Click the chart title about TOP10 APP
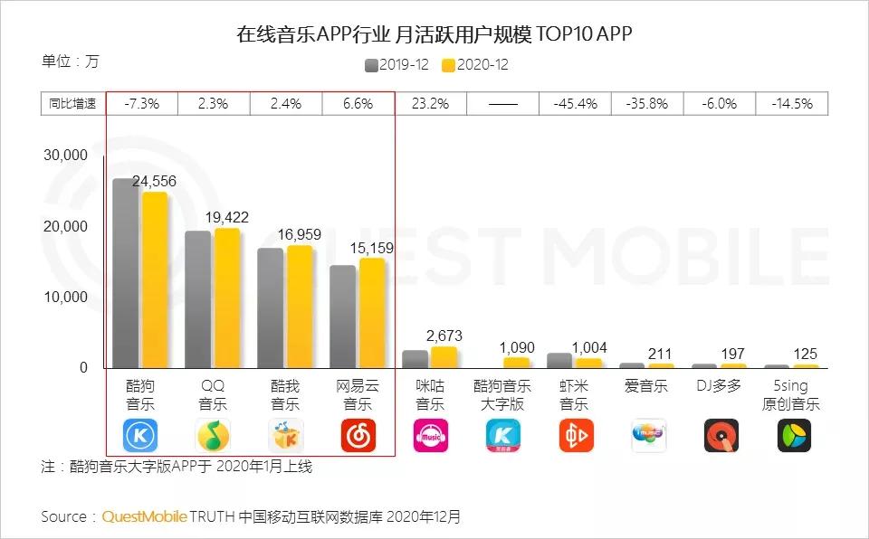(x=434, y=35)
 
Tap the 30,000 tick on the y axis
(x=65, y=156)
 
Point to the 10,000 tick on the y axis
(x=65, y=298)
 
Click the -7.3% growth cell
(x=141, y=104)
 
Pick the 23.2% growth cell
(x=430, y=104)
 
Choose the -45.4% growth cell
(x=575, y=104)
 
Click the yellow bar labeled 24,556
(x=155, y=280)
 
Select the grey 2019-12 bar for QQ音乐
(x=197, y=299)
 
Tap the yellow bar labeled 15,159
(x=372, y=313)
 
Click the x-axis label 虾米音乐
(x=575, y=395)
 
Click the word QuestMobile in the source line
(x=144, y=517)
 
